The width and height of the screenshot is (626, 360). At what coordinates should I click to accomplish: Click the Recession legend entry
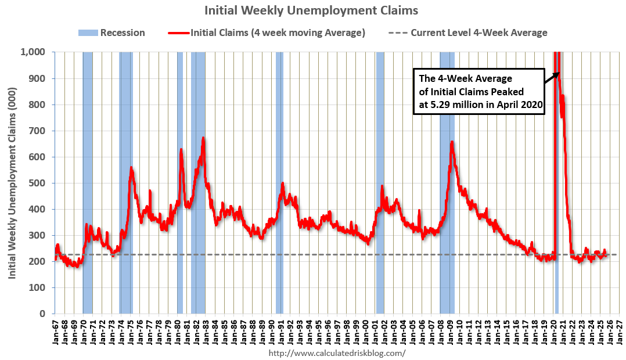point(111,33)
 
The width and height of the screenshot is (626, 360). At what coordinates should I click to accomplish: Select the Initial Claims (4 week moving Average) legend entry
point(267,33)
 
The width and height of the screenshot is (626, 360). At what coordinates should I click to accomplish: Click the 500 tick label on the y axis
point(38,183)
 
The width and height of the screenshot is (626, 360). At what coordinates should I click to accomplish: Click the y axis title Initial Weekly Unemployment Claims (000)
point(12,183)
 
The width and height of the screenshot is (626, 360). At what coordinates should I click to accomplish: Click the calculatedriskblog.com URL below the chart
point(337,352)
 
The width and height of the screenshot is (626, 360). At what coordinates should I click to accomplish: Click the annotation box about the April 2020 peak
point(479,92)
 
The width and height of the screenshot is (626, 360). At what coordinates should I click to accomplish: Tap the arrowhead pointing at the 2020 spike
point(558,73)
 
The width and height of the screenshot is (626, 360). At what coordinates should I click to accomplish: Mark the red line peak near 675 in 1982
point(203,138)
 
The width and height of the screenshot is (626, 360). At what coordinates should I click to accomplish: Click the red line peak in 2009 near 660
point(452,142)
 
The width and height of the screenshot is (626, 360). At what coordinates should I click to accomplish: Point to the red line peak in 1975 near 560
point(131,168)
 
